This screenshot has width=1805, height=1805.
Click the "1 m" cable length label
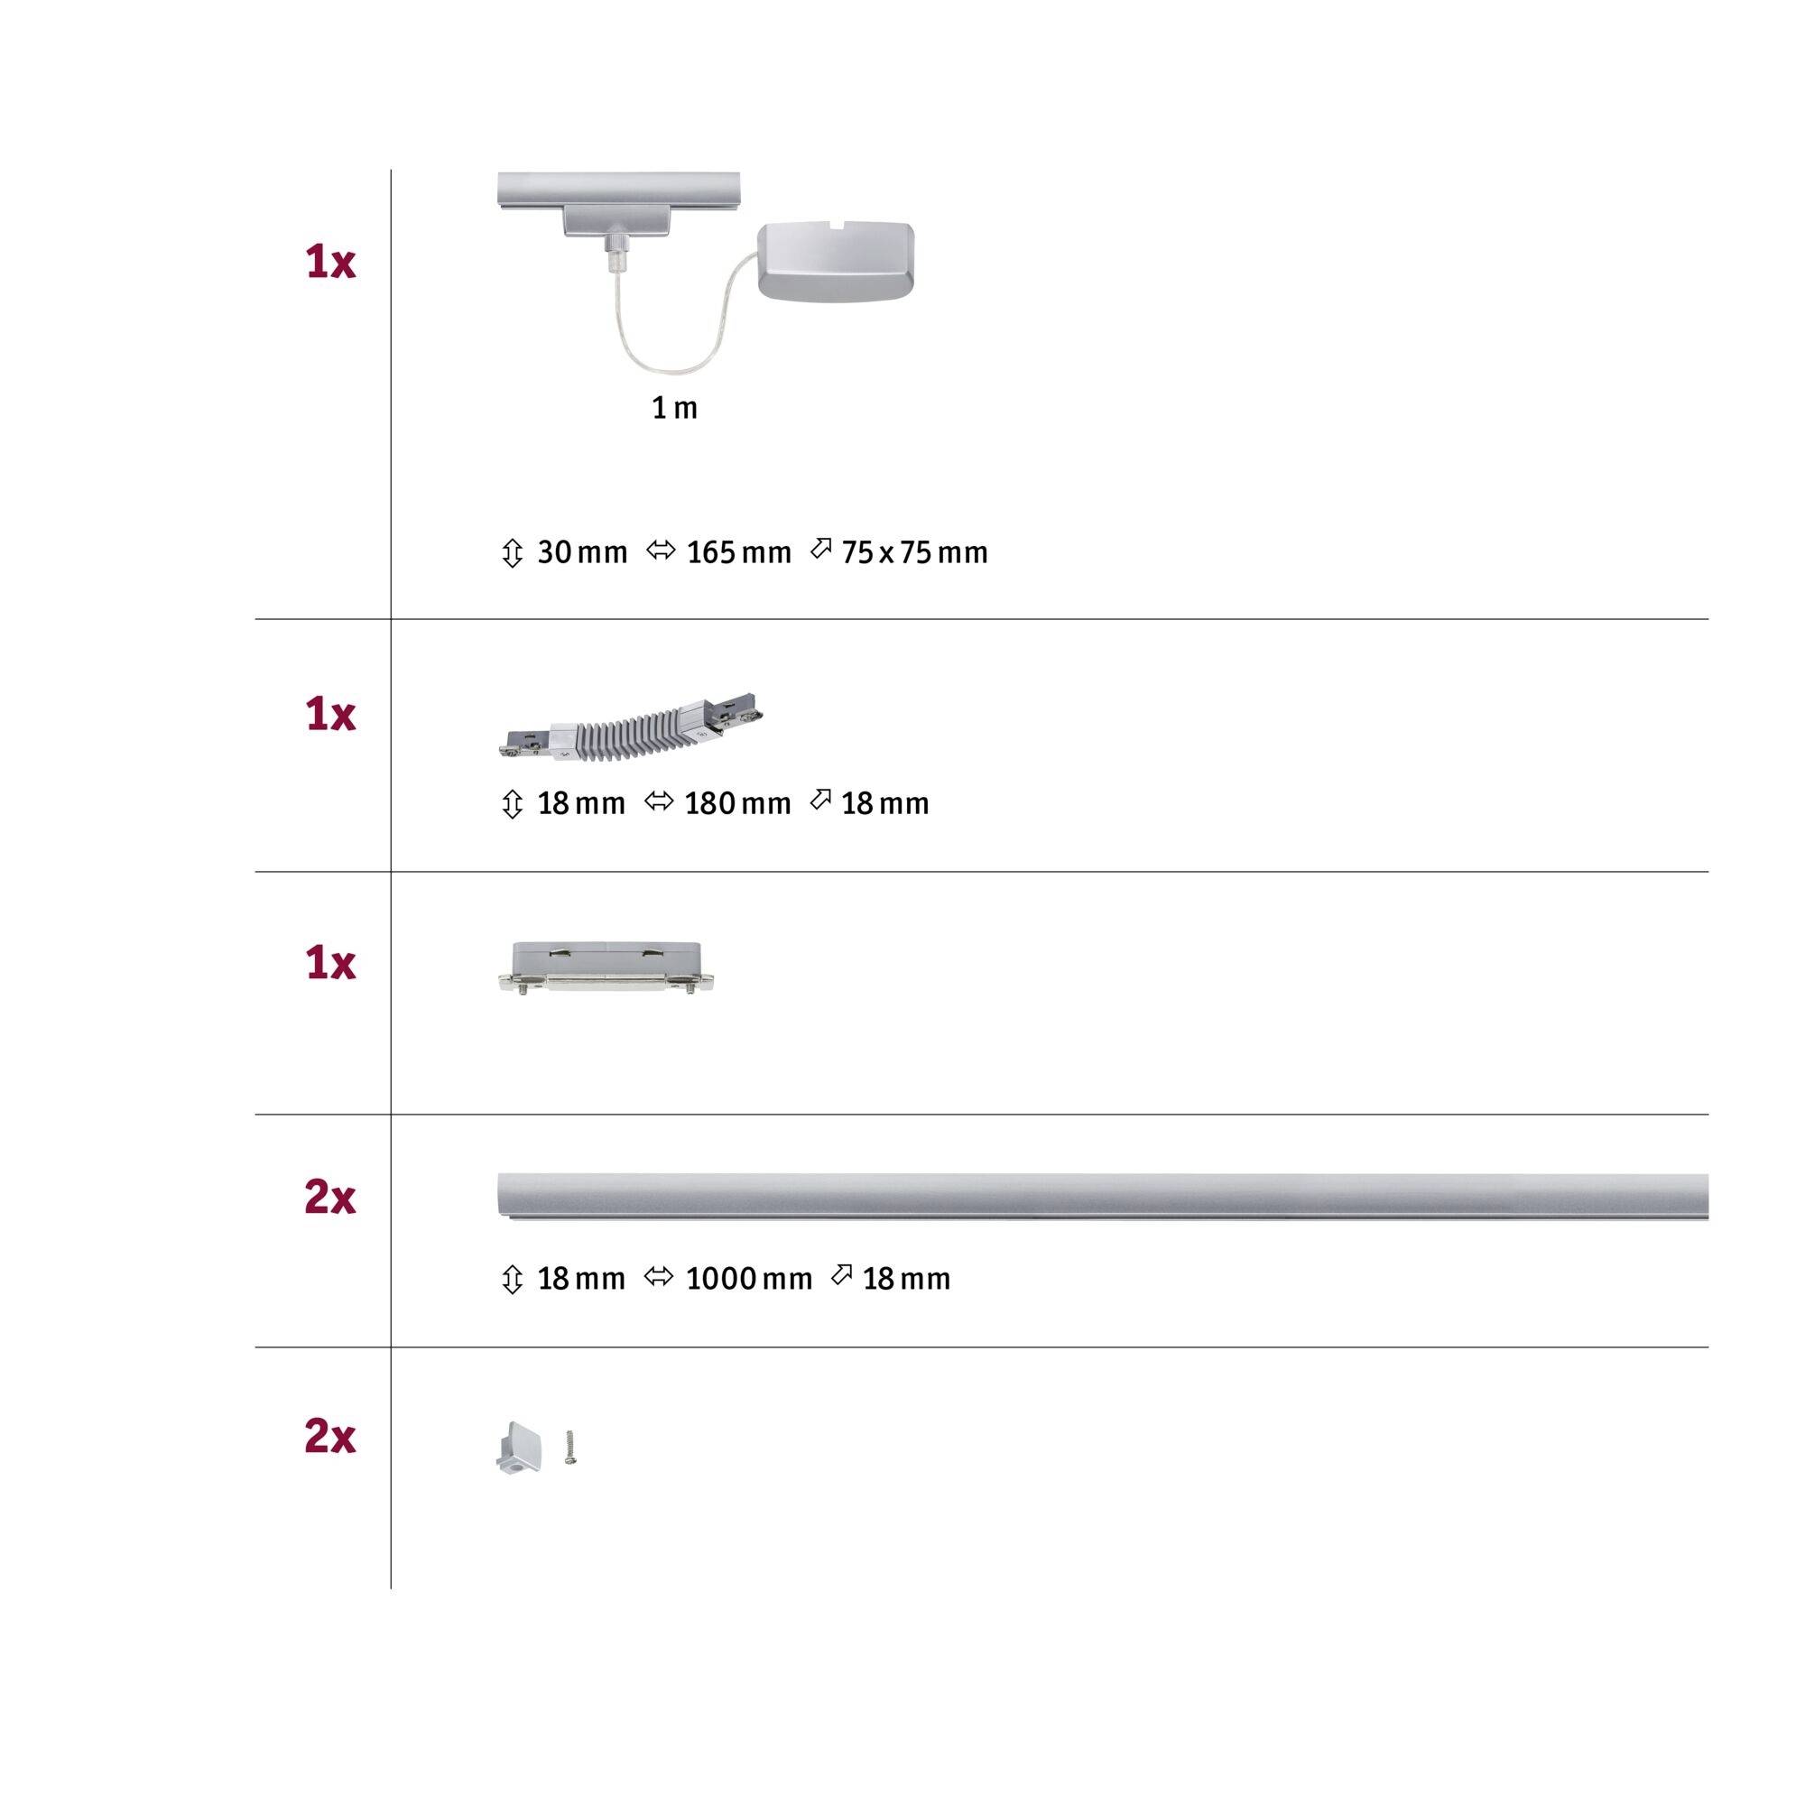coord(674,408)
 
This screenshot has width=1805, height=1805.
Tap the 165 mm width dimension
coord(738,553)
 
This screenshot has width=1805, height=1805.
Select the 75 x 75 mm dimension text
coord(913,553)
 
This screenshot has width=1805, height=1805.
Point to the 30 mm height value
coord(581,553)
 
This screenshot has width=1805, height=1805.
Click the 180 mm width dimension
coord(737,803)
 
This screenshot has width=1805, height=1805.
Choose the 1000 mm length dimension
coord(748,1279)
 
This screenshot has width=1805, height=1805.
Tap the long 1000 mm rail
coord(1103,1197)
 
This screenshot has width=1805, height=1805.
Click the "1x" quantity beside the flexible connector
coord(330,716)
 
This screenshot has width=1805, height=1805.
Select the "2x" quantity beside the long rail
coord(330,1198)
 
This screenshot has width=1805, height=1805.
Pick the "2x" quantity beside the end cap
coord(330,1438)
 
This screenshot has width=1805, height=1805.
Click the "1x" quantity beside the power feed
coord(330,263)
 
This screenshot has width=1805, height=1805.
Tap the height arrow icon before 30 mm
coord(512,553)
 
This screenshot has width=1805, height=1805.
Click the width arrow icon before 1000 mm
coord(660,1277)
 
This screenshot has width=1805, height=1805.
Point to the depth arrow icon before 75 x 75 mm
coord(820,550)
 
